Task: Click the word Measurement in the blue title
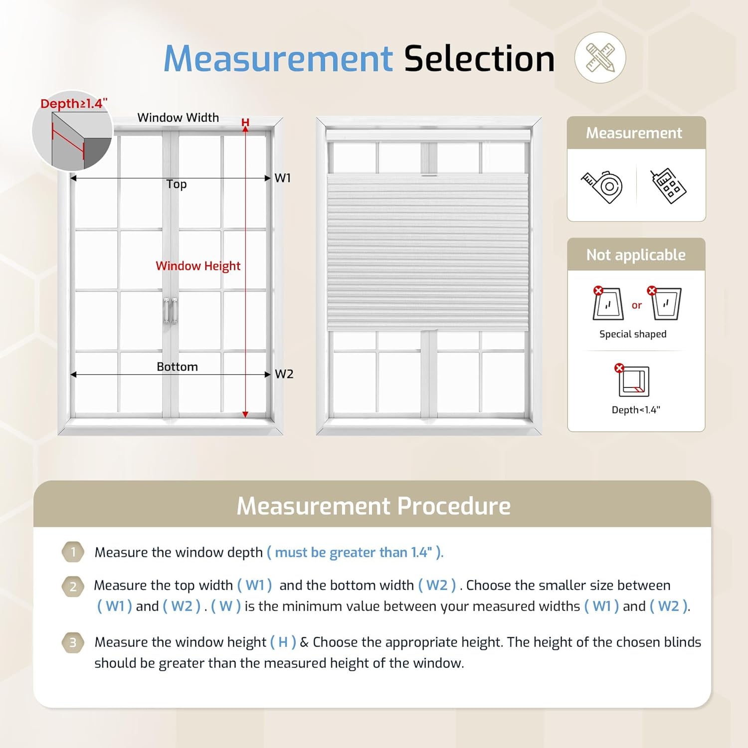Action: (x=278, y=59)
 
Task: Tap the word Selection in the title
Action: (x=479, y=59)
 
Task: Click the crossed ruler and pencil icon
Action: (x=600, y=57)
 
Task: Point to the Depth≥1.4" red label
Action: (x=74, y=104)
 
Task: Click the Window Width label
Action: (x=178, y=118)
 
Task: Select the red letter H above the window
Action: (x=245, y=123)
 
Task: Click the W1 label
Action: (x=283, y=178)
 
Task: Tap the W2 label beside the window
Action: (x=284, y=374)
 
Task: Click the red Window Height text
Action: (x=198, y=266)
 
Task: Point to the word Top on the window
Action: (x=177, y=184)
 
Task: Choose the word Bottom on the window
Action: (x=177, y=367)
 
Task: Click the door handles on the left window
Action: (x=171, y=310)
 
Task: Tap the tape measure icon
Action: (x=602, y=187)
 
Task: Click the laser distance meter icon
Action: (x=668, y=187)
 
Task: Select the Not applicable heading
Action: (x=636, y=255)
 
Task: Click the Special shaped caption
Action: (x=633, y=334)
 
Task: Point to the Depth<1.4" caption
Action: (x=636, y=410)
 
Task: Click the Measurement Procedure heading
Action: (x=374, y=506)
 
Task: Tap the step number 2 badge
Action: (x=73, y=586)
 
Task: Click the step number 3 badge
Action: (x=73, y=643)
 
